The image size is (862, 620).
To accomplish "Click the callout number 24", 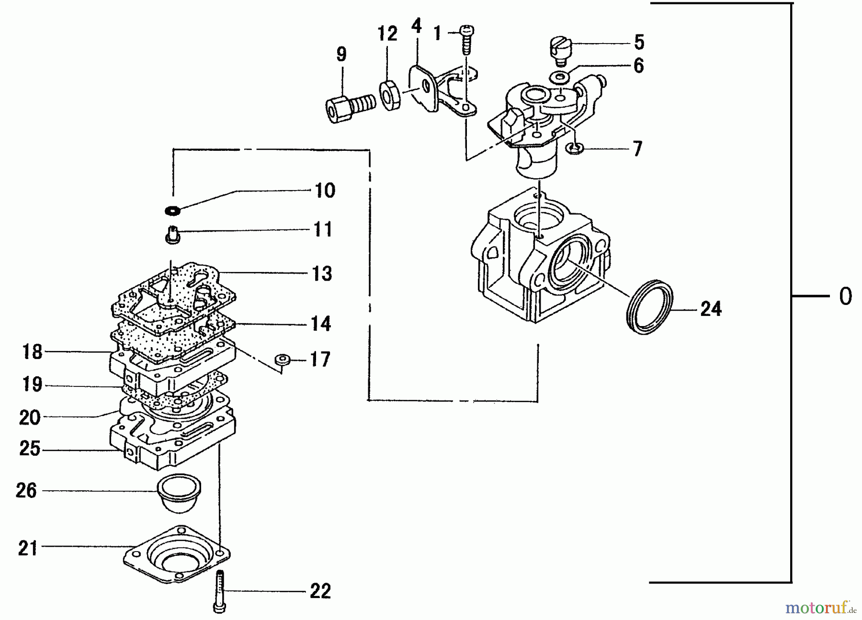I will click(x=711, y=309).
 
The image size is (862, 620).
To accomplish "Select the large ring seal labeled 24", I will click(x=650, y=306).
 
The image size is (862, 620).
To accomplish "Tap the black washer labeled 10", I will click(x=172, y=210).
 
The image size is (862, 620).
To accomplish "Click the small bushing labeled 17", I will click(x=283, y=360).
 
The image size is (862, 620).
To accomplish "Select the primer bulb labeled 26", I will click(x=180, y=493).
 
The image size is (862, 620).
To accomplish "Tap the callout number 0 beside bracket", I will click(x=845, y=296).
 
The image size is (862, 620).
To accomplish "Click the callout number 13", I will click(x=322, y=274).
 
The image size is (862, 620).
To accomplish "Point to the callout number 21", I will click(x=28, y=548).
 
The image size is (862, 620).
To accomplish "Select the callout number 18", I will click(x=33, y=352).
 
